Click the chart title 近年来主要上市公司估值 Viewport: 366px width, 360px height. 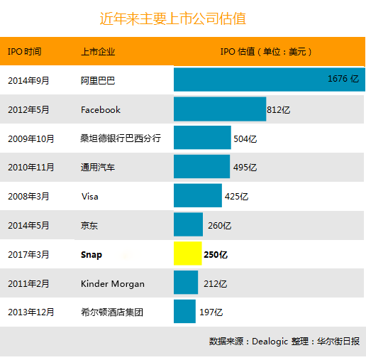pyautogui.click(x=173, y=18)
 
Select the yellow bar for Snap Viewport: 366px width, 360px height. pyautogui.click(x=188, y=253)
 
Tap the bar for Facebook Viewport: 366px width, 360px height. pyautogui.click(x=220, y=109)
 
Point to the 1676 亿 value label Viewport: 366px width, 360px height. pyautogui.click(x=343, y=79)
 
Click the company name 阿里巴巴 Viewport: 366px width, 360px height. pyautogui.click(x=98, y=81)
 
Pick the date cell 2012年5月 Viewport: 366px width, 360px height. pyautogui.click(x=28, y=109)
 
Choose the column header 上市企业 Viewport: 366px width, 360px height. pyautogui.click(x=98, y=52)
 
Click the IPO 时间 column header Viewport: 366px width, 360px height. pyautogui.click(x=25, y=51)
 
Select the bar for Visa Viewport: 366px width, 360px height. pyautogui.click(x=198, y=195)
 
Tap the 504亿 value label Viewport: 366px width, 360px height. pyautogui.click(x=245, y=139)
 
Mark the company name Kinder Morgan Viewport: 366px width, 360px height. pyautogui.click(x=113, y=283)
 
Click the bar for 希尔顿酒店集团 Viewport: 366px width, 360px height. pyautogui.click(x=184, y=311)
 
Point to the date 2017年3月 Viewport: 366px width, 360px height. pyautogui.click(x=28, y=255)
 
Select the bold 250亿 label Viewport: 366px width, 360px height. pyautogui.click(x=216, y=255)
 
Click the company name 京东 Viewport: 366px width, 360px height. pyautogui.click(x=89, y=225)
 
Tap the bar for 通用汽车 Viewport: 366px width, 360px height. pyautogui.click(x=201, y=166)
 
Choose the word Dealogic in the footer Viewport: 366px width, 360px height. pyautogui.click(x=270, y=342)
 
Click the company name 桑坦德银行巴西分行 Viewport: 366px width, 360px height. pyautogui.click(x=121, y=138)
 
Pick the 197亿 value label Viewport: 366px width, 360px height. pyautogui.click(x=211, y=312)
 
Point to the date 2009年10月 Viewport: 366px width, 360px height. pyautogui.click(x=31, y=138)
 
